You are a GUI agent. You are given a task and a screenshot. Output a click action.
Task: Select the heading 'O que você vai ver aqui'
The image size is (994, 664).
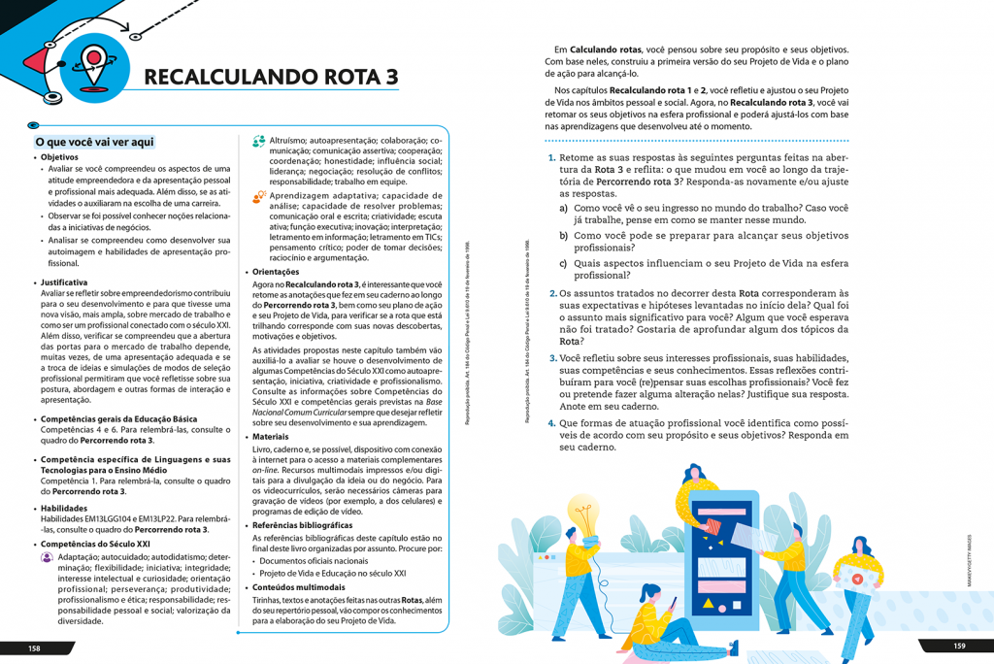pyautogui.click(x=94, y=142)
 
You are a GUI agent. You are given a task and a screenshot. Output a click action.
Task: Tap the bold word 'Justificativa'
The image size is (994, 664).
pyautogui.click(x=64, y=282)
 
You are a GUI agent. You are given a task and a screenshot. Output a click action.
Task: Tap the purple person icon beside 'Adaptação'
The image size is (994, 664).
pyautogui.click(x=47, y=558)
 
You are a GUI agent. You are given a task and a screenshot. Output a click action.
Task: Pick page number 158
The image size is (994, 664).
pyautogui.click(x=34, y=648)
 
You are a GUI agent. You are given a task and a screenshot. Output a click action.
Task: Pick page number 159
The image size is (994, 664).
pyautogui.click(x=959, y=647)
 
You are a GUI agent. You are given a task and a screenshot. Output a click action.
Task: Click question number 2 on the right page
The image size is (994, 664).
pyautogui.click(x=552, y=293)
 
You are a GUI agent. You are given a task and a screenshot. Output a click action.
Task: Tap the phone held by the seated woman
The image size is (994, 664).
pyautogui.click(x=673, y=604)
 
